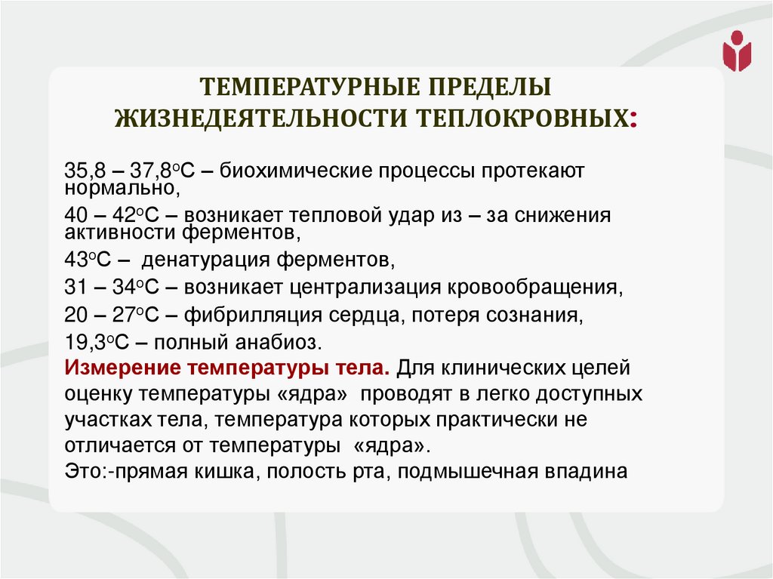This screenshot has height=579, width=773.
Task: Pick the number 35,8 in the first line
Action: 82,171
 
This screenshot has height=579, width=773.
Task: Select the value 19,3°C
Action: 99,341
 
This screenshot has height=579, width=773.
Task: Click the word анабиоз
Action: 283,341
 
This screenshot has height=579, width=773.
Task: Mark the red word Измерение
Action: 120,369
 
